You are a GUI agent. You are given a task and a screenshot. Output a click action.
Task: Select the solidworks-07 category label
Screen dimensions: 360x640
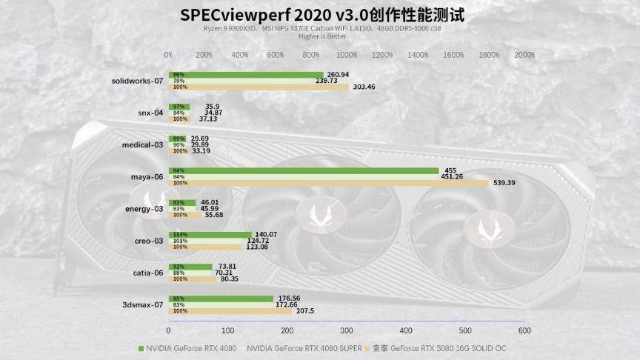(x=137, y=81)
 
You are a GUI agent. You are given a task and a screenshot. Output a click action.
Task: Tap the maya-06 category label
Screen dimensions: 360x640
(x=147, y=176)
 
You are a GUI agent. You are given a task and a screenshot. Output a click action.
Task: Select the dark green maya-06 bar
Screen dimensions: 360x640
(x=304, y=170)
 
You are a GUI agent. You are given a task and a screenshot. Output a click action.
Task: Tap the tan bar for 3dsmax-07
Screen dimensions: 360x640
(x=230, y=311)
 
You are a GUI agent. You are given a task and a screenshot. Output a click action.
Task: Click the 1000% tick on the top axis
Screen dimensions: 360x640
(x=347, y=55)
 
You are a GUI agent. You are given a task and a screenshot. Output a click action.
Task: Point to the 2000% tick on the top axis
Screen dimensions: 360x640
(x=524, y=55)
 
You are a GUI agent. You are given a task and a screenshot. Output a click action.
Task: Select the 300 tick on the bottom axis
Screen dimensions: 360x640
(x=347, y=330)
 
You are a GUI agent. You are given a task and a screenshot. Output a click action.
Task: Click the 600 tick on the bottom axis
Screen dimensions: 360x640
(x=524, y=330)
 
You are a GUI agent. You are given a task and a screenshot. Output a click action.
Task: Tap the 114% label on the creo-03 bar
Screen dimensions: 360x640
(x=178, y=234)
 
